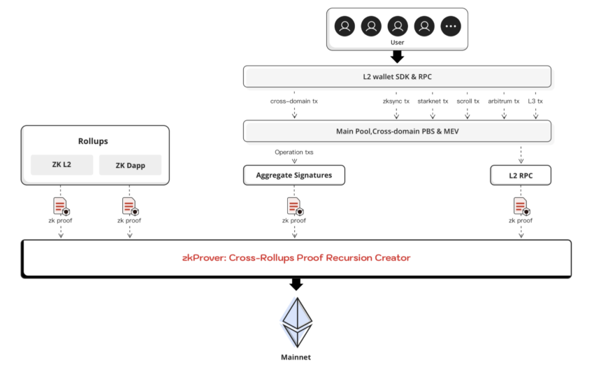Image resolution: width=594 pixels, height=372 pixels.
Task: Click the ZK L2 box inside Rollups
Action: click(x=61, y=165)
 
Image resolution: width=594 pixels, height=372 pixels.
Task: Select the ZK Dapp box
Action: click(x=130, y=165)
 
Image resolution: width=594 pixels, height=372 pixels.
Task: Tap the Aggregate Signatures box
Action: click(x=294, y=176)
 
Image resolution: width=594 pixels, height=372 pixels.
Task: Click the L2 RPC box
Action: click(x=521, y=176)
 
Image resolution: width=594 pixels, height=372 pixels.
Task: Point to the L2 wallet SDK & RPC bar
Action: click(x=397, y=77)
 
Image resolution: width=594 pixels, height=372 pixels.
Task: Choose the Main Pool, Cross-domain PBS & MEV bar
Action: click(x=397, y=131)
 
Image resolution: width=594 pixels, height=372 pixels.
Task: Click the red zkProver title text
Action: click(x=296, y=258)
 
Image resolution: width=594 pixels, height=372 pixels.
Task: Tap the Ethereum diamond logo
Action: click(x=297, y=322)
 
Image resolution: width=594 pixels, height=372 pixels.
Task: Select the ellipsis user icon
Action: click(x=451, y=27)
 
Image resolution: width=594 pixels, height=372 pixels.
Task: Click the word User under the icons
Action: click(x=397, y=43)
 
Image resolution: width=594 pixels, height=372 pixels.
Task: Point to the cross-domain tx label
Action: click(x=294, y=101)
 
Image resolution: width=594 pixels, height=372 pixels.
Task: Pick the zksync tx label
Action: click(x=396, y=101)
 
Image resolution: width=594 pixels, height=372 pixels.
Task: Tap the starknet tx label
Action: click(x=433, y=101)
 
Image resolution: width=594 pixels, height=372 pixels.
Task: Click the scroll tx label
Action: click(x=468, y=101)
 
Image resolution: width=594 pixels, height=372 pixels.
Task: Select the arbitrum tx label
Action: click(x=504, y=101)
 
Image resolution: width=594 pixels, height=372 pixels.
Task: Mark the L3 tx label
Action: click(x=535, y=101)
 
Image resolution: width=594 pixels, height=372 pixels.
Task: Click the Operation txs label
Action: click(x=294, y=152)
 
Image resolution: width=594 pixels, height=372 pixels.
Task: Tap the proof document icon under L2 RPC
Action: click(x=521, y=206)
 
